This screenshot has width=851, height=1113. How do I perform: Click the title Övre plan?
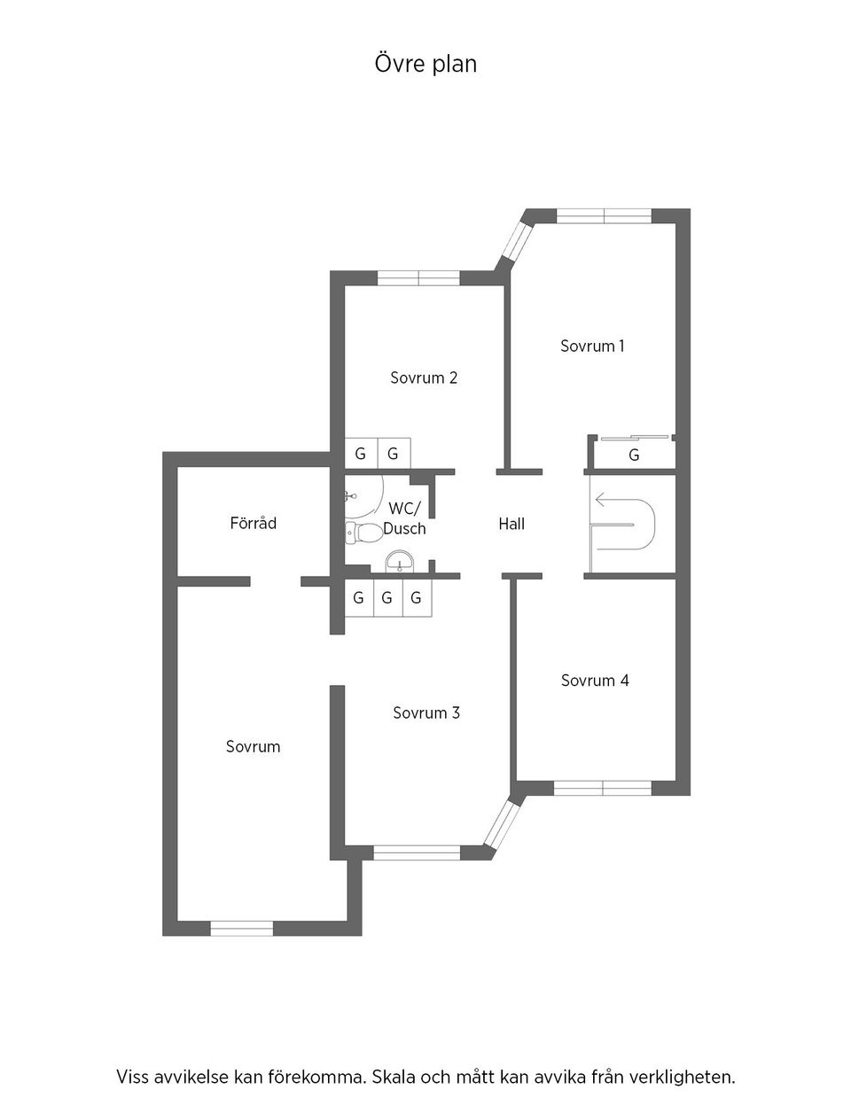click(425, 64)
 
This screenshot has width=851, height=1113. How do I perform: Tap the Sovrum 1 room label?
click(592, 346)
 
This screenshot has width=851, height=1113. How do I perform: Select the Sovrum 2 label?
click(424, 378)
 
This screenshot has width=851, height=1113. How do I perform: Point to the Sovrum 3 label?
click(426, 713)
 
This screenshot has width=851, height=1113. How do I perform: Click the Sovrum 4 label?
click(595, 681)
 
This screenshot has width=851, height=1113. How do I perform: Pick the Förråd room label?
click(253, 524)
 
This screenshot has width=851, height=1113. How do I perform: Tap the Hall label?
click(511, 525)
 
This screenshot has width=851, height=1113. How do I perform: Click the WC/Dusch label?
click(405, 519)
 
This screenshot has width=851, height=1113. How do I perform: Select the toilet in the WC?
click(363, 533)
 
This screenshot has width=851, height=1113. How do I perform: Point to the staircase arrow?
click(612, 501)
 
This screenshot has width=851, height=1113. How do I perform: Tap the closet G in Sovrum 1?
click(634, 455)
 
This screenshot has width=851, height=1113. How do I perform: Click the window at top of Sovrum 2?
click(418, 278)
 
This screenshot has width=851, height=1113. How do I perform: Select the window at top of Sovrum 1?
click(604, 215)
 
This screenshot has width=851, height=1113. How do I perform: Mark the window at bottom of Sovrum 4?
click(603, 788)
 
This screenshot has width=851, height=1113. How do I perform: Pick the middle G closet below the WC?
click(386, 598)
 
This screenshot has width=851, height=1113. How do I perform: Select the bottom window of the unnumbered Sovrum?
click(241, 928)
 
